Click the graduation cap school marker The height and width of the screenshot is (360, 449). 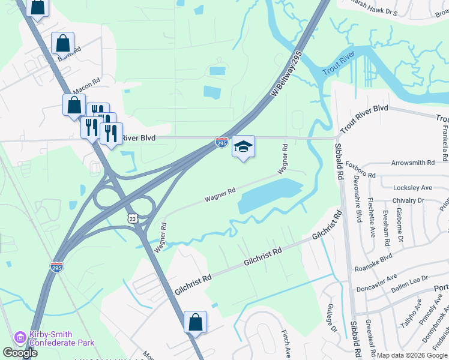coord(243,147)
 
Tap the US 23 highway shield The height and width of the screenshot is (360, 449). coord(133,219)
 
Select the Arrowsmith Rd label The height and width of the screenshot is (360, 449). coord(412,163)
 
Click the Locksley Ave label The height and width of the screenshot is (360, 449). coord(412,188)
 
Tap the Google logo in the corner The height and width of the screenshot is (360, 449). coord(19,353)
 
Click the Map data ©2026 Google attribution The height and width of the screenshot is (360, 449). coord(412,355)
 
